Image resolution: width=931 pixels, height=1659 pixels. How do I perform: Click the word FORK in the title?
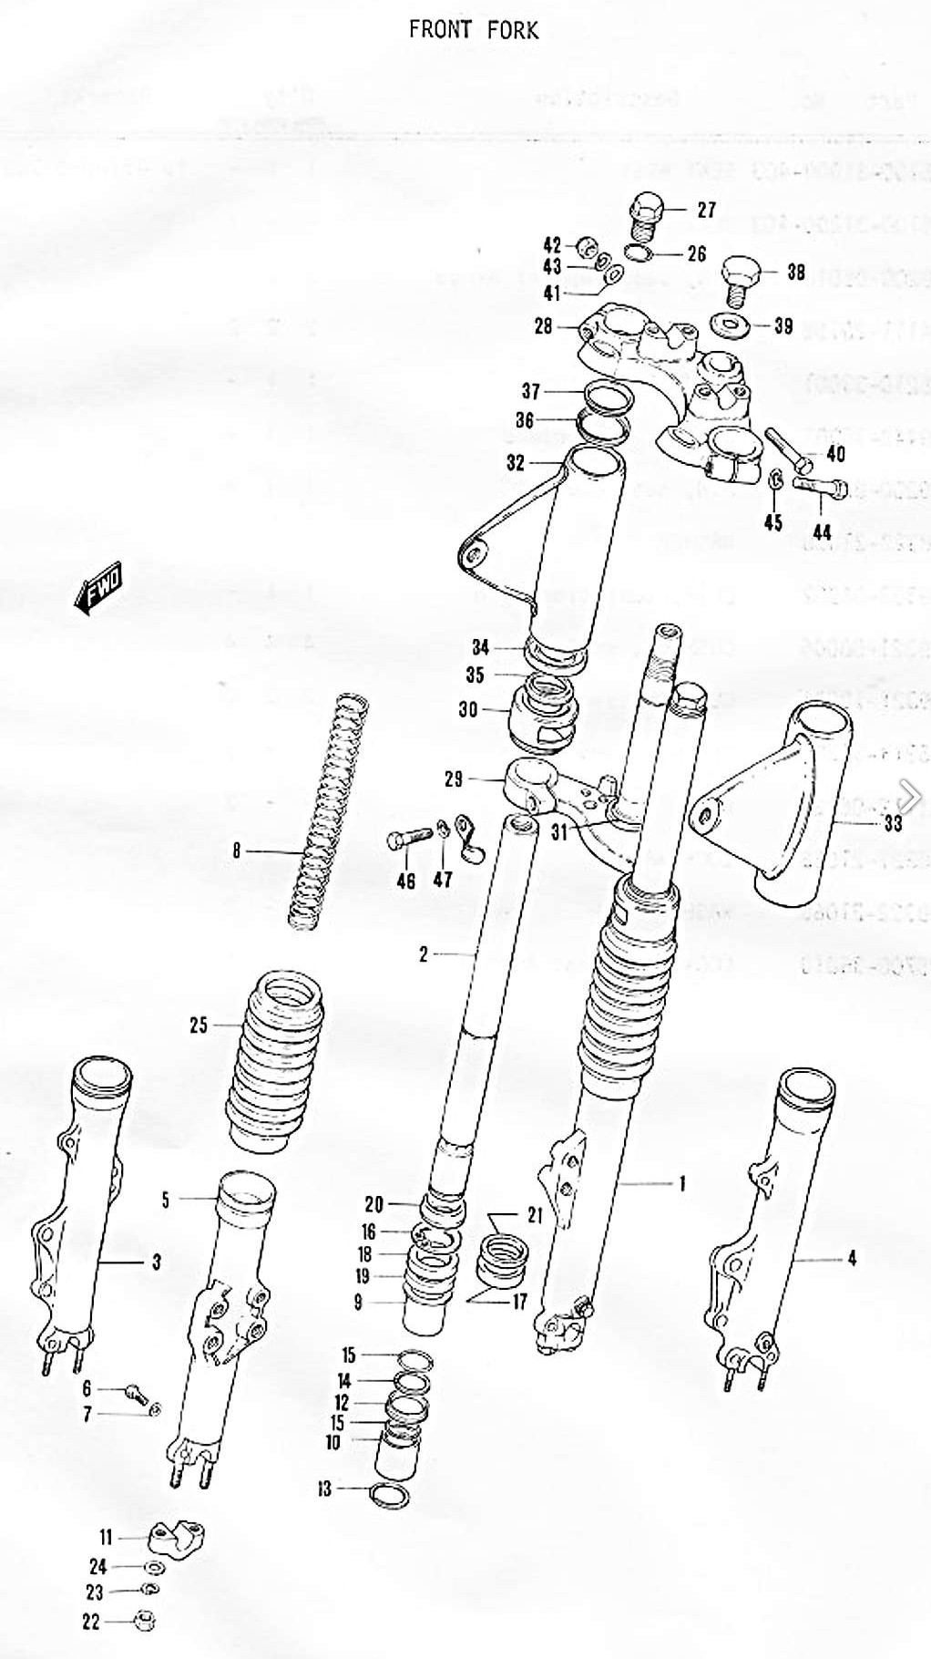(x=512, y=29)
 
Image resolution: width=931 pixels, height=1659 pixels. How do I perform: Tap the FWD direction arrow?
(x=97, y=588)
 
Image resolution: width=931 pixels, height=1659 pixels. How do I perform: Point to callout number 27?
(x=706, y=210)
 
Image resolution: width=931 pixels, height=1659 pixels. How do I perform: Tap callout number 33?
(x=893, y=823)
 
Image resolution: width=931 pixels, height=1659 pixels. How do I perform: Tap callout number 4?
(x=852, y=1259)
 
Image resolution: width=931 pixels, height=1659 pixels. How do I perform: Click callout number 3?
(x=156, y=1262)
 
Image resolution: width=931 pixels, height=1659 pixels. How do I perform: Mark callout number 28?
(x=543, y=325)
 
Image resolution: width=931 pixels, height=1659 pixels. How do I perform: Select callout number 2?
(x=423, y=954)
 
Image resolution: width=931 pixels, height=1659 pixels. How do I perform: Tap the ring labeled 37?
(x=602, y=397)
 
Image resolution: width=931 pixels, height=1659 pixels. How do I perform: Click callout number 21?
(x=535, y=1214)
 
